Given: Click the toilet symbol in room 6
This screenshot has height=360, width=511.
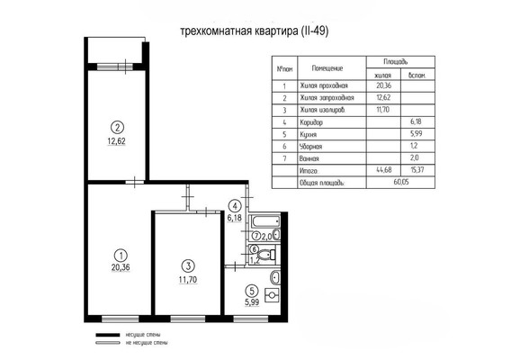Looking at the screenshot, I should click(264, 256).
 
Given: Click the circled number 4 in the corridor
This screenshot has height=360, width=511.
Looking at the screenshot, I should click(236, 205).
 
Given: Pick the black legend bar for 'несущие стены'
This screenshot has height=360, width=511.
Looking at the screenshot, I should click(107, 335).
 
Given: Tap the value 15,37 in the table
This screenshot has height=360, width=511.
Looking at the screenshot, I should click(417, 169).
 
